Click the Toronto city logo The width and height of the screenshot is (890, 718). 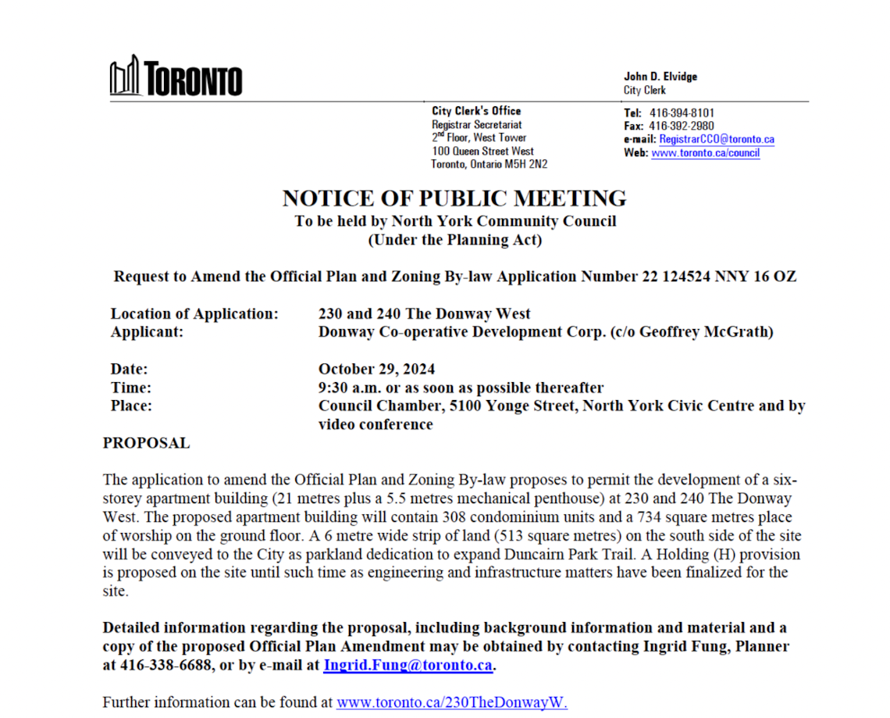[x=176, y=77]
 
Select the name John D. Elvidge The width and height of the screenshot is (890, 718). [x=660, y=77]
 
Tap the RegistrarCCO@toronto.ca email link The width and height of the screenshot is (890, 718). [x=717, y=139]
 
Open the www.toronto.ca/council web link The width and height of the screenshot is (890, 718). [x=705, y=153]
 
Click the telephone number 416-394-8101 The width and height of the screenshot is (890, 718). [x=682, y=113]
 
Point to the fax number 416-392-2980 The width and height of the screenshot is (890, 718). [x=682, y=126]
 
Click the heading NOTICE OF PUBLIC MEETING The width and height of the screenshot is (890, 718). [x=454, y=198]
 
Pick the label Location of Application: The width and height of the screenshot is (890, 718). [x=194, y=314]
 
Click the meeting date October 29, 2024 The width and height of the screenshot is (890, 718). [x=376, y=369]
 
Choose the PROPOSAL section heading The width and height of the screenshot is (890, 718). [x=146, y=443]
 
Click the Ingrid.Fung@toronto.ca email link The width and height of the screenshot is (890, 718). [x=408, y=666]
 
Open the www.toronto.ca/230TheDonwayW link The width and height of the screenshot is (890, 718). [x=451, y=702]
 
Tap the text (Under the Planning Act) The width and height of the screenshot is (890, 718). [x=454, y=240]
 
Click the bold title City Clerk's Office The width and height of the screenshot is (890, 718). [x=476, y=111]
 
